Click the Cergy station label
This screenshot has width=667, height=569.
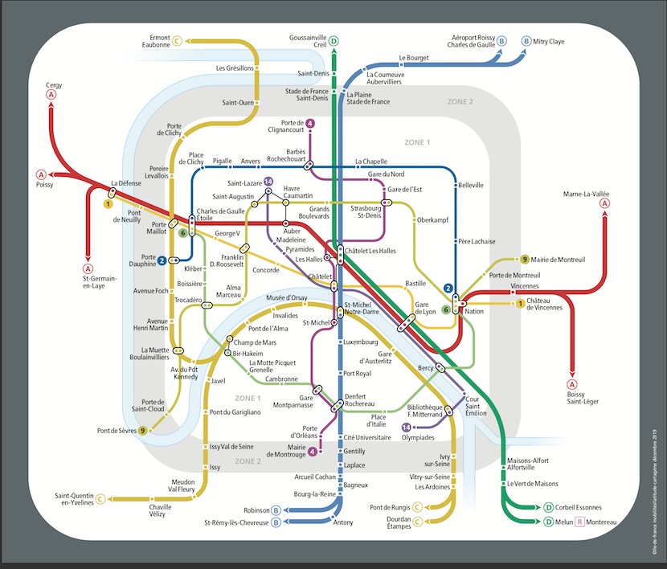click(54, 84)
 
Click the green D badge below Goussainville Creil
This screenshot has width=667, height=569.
click(334, 41)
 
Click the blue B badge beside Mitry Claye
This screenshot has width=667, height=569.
click(526, 41)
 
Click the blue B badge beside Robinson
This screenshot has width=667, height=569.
click(276, 510)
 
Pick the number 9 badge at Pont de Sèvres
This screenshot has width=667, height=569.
click(143, 431)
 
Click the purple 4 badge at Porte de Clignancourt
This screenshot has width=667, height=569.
click(310, 124)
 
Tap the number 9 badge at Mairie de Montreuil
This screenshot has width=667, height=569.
click(525, 260)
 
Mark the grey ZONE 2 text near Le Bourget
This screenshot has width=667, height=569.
click(460, 102)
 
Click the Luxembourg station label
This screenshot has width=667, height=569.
click(360, 342)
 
